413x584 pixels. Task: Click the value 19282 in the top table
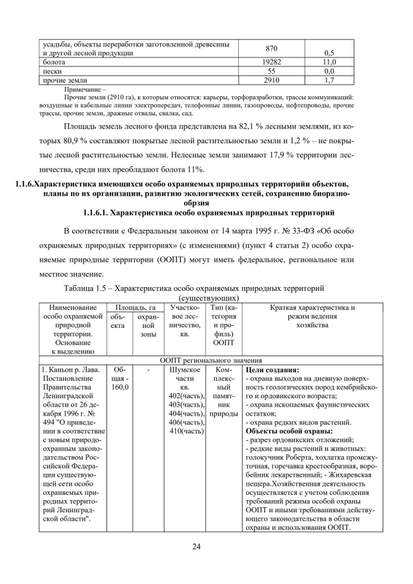click(x=271, y=62)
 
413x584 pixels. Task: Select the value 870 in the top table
click(x=271, y=48)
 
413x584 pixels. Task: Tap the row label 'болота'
click(x=54, y=62)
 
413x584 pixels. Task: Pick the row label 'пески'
click(x=52, y=71)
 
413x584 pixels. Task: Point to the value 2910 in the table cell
click(x=271, y=80)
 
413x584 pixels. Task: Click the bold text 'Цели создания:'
click(x=272, y=369)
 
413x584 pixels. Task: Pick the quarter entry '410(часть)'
click(x=186, y=430)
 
